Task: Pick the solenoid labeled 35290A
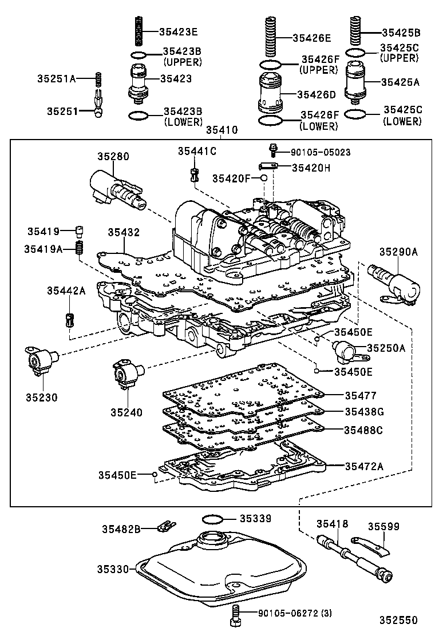(396, 280)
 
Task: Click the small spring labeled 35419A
(81, 248)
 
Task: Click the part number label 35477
(361, 395)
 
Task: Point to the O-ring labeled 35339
(213, 519)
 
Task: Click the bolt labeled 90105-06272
(234, 615)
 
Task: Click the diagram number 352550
(397, 620)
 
